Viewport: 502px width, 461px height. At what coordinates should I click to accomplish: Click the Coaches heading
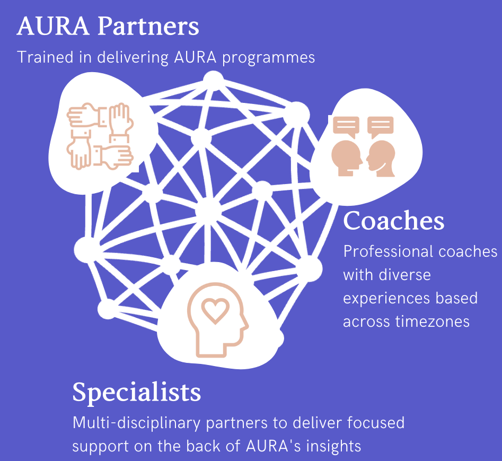click(393, 221)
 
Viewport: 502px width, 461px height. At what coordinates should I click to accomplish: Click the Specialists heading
click(137, 392)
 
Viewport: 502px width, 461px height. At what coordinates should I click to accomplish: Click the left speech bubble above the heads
click(346, 126)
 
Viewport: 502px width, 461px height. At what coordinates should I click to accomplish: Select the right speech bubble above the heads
click(381, 126)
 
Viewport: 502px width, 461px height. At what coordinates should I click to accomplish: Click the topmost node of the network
click(214, 80)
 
